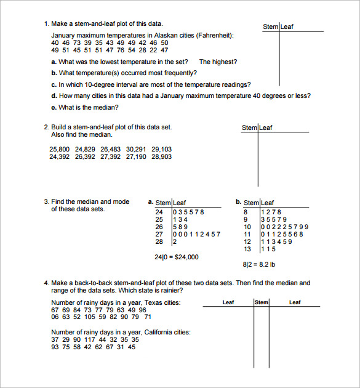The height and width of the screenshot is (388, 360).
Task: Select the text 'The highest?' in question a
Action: [x=218, y=62]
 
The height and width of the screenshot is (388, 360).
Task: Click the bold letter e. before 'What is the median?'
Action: [x=54, y=107]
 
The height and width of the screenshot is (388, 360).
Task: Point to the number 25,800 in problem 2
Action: [x=59, y=149]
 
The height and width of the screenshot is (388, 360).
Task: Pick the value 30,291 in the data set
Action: [x=136, y=149]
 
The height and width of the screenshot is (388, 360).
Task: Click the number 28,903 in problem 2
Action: [x=162, y=157]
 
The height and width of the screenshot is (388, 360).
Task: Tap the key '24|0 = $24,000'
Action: [x=177, y=257]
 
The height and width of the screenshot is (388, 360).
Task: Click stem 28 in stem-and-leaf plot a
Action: [x=159, y=241]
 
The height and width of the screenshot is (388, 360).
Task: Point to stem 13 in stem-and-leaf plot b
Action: [x=248, y=249]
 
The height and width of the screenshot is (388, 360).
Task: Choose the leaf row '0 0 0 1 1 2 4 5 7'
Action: [x=196, y=234]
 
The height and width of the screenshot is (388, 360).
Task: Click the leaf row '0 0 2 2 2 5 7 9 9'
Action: [x=285, y=227]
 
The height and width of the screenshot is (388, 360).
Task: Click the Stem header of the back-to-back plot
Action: [x=262, y=302]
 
